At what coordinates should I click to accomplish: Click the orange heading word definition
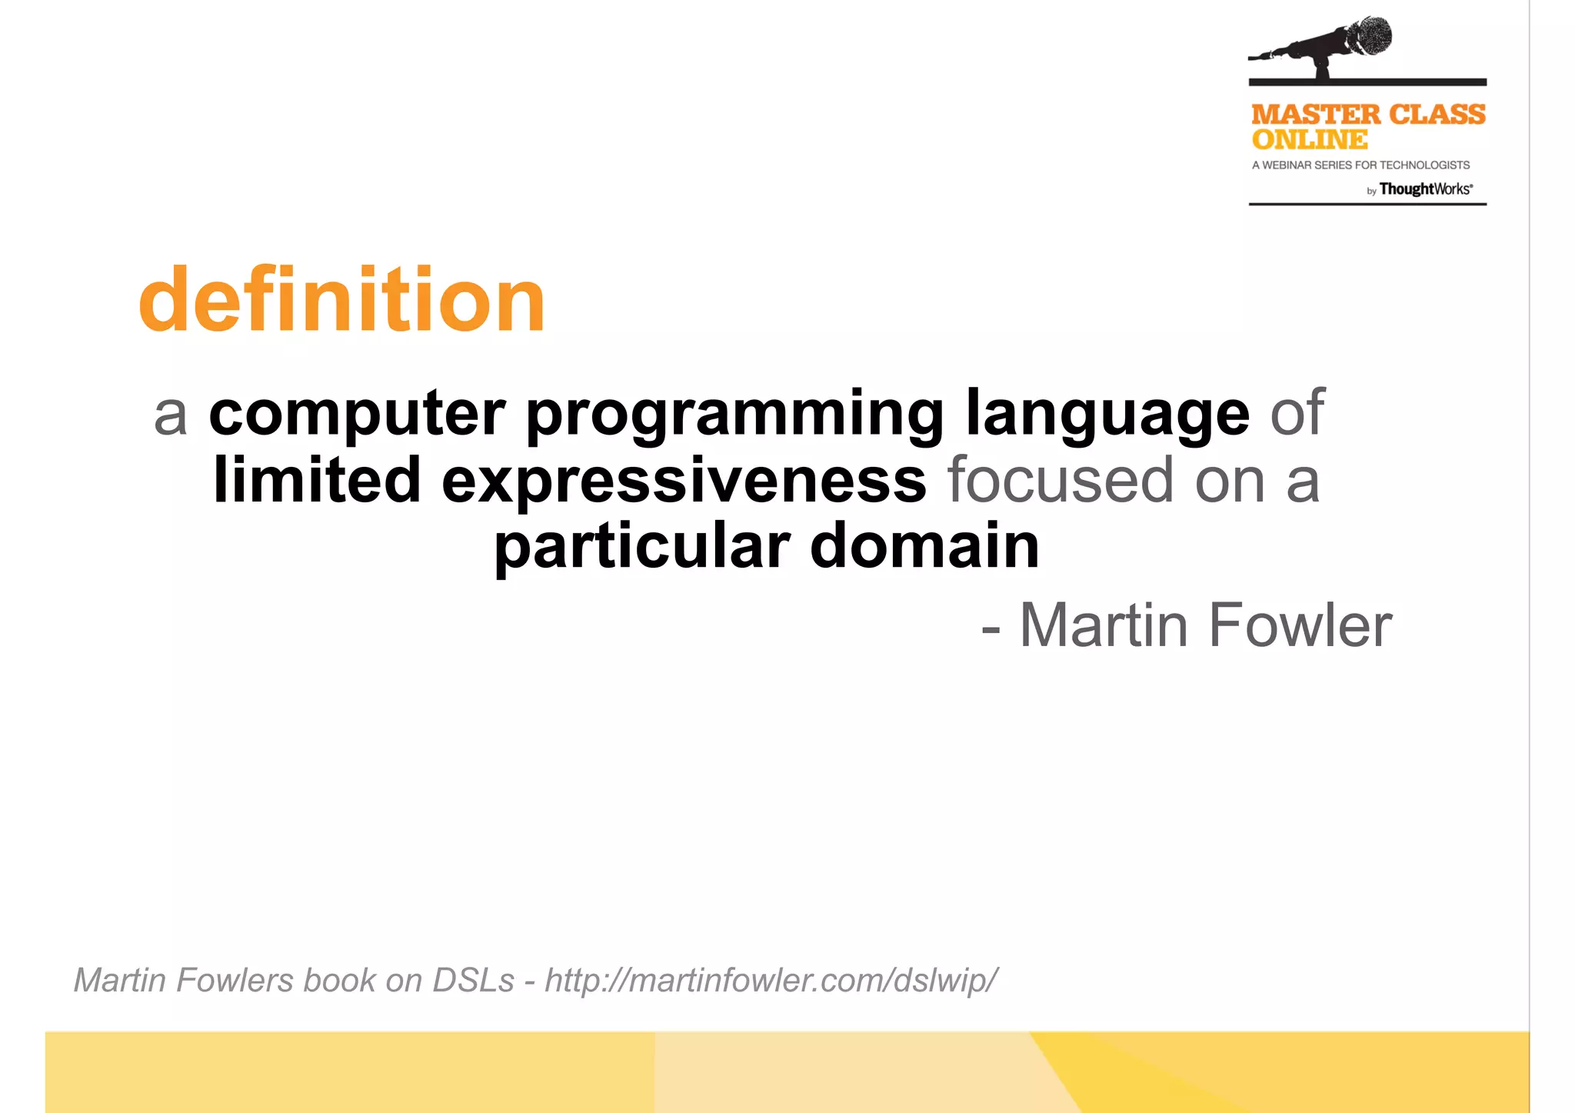[x=342, y=300]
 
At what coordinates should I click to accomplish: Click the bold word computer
[x=358, y=415]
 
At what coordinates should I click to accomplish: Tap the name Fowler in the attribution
[x=1300, y=625]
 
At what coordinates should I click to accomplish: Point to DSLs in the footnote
[x=473, y=981]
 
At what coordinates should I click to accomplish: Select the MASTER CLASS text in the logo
[x=1368, y=115]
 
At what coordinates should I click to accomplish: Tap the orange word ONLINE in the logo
[x=1310, y=140]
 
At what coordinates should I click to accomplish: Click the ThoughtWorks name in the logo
[x=1425, y=189]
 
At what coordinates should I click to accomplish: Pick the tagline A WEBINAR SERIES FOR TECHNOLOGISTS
[x=1360, y=165]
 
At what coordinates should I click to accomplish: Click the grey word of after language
[x=1297, y=415]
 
